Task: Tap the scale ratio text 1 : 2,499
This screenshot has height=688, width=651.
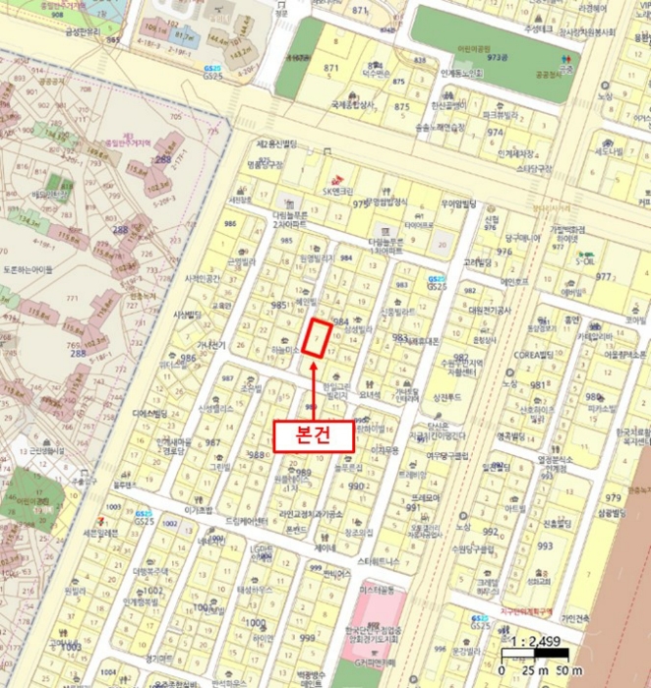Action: [x=538, y=643]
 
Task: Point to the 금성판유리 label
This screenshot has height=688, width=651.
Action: [x=85, y=30]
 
